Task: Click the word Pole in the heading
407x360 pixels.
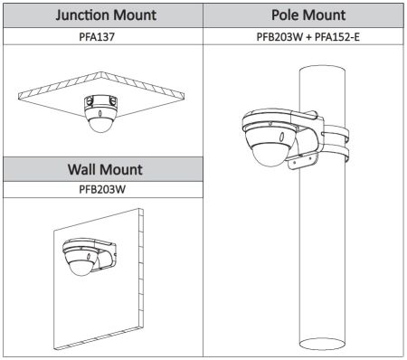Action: point(284,14)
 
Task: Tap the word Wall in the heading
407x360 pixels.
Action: point(80,169)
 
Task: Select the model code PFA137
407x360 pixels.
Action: point(97,37)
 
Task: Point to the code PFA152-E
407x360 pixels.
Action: point(337,37)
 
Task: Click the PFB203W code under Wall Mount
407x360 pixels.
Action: point(102,189)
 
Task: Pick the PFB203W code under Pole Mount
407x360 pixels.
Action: point(279,37)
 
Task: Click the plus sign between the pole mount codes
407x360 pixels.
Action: point(308,37)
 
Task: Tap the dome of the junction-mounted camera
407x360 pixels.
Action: point(100,125)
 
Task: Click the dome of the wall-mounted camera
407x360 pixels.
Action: point(81,267)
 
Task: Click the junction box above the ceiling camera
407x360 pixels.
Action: point(100,101)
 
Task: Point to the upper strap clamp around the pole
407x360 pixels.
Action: point(336,133)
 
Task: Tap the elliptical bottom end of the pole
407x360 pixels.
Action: point(322,345)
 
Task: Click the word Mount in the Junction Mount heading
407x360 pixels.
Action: point(135,15)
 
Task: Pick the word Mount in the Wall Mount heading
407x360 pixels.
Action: point(120,169)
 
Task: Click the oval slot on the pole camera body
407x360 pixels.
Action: point(281,137)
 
